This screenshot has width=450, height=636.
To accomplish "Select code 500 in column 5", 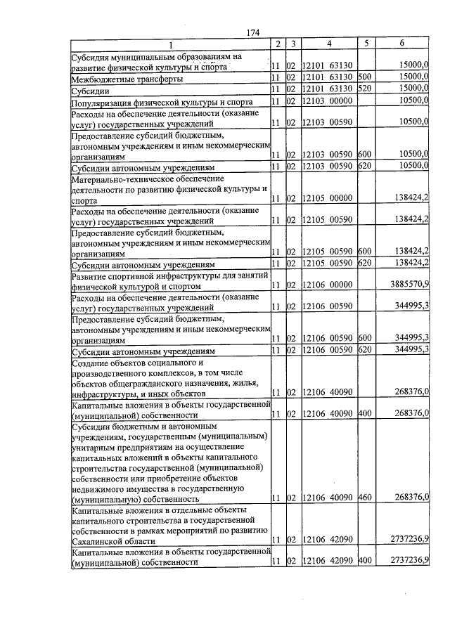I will pos(364,77).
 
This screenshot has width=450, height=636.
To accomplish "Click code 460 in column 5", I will pos(364,498).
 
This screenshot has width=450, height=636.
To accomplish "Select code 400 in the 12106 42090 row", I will pos(364,561).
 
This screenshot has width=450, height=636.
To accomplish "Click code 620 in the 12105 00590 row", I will pos(364,264).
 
